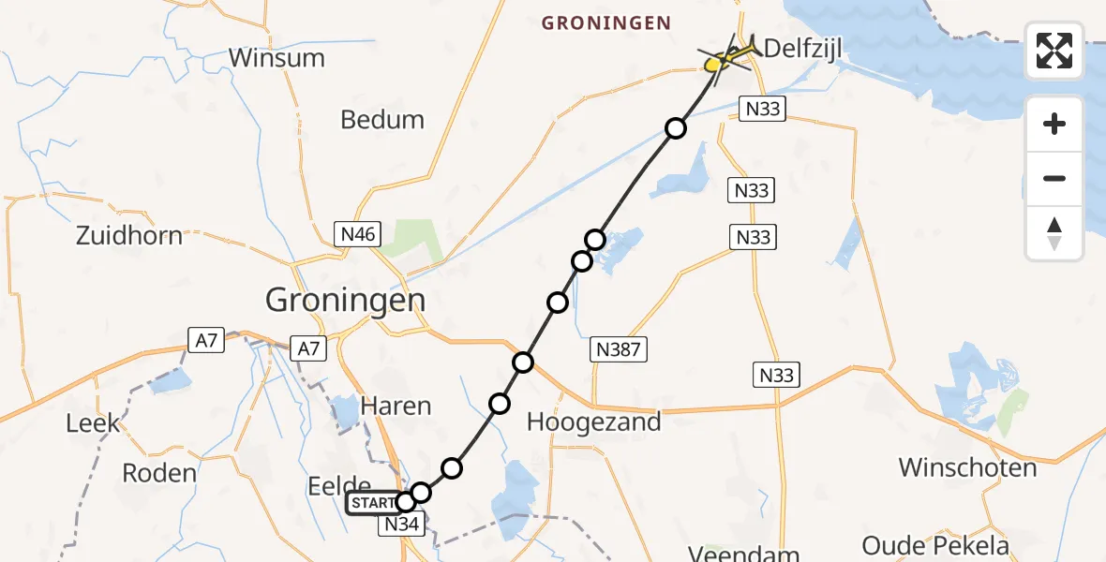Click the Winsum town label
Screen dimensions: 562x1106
276,58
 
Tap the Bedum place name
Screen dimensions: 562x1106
382,120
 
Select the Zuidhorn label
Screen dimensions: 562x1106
130,235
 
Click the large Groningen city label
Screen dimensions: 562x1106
345,300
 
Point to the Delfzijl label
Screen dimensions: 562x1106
800,48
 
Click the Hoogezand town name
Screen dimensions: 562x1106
593,421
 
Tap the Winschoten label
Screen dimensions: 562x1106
967,467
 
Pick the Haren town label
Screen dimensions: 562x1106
396,406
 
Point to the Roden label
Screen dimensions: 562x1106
159,472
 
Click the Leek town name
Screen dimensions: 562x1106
93,422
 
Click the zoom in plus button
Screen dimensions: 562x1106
1054,124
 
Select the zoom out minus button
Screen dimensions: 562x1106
1054,178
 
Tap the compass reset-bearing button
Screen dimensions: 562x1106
1054,233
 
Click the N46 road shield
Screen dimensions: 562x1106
358,234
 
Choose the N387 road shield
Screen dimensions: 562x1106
619,350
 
